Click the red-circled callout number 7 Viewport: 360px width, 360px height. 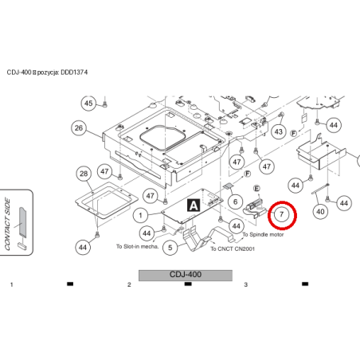pyautogui.click(x=282, y=214)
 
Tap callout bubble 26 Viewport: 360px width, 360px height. pyautogui.click(x=79, y=128)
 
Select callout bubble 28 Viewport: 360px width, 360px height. pyautogui.click(x=84, y=174)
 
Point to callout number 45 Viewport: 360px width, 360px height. pyautogui.click(x=88, y=104)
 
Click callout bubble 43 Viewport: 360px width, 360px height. pyautogui.click(x=279, y=131)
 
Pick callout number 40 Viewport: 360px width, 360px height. pyautogui.click(x=320, y=212)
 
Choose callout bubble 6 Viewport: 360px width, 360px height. pyautogui.click(x=235, y=202)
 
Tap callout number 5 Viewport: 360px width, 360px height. pyautogui.click(x=170, y=248)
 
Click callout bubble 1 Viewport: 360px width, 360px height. pyautogui.click(x=140, y=215)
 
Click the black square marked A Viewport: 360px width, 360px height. pyautogui.click(x=194, y=205)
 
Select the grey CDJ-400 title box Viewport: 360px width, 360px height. pyautogui.click(x=186, y=276)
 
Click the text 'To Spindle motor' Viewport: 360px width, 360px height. pyautogui.click(x=263, y=235)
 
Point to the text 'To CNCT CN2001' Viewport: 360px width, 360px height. pyautogui.click(x=233, y=248)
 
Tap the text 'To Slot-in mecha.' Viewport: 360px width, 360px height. pyautogui.click(x=137, y=246)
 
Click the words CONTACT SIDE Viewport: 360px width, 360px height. pyautogui.click(x=7, y=224)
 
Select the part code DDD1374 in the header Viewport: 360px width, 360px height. pyautogui.click(x=74, y=72)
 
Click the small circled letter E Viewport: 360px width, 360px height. pyautogui.click(x=256, y=189)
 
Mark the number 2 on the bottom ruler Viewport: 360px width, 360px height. pyautogui.click(x=129, y=284)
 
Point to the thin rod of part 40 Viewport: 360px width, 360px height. pyautogui.click(x=320, y=189)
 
